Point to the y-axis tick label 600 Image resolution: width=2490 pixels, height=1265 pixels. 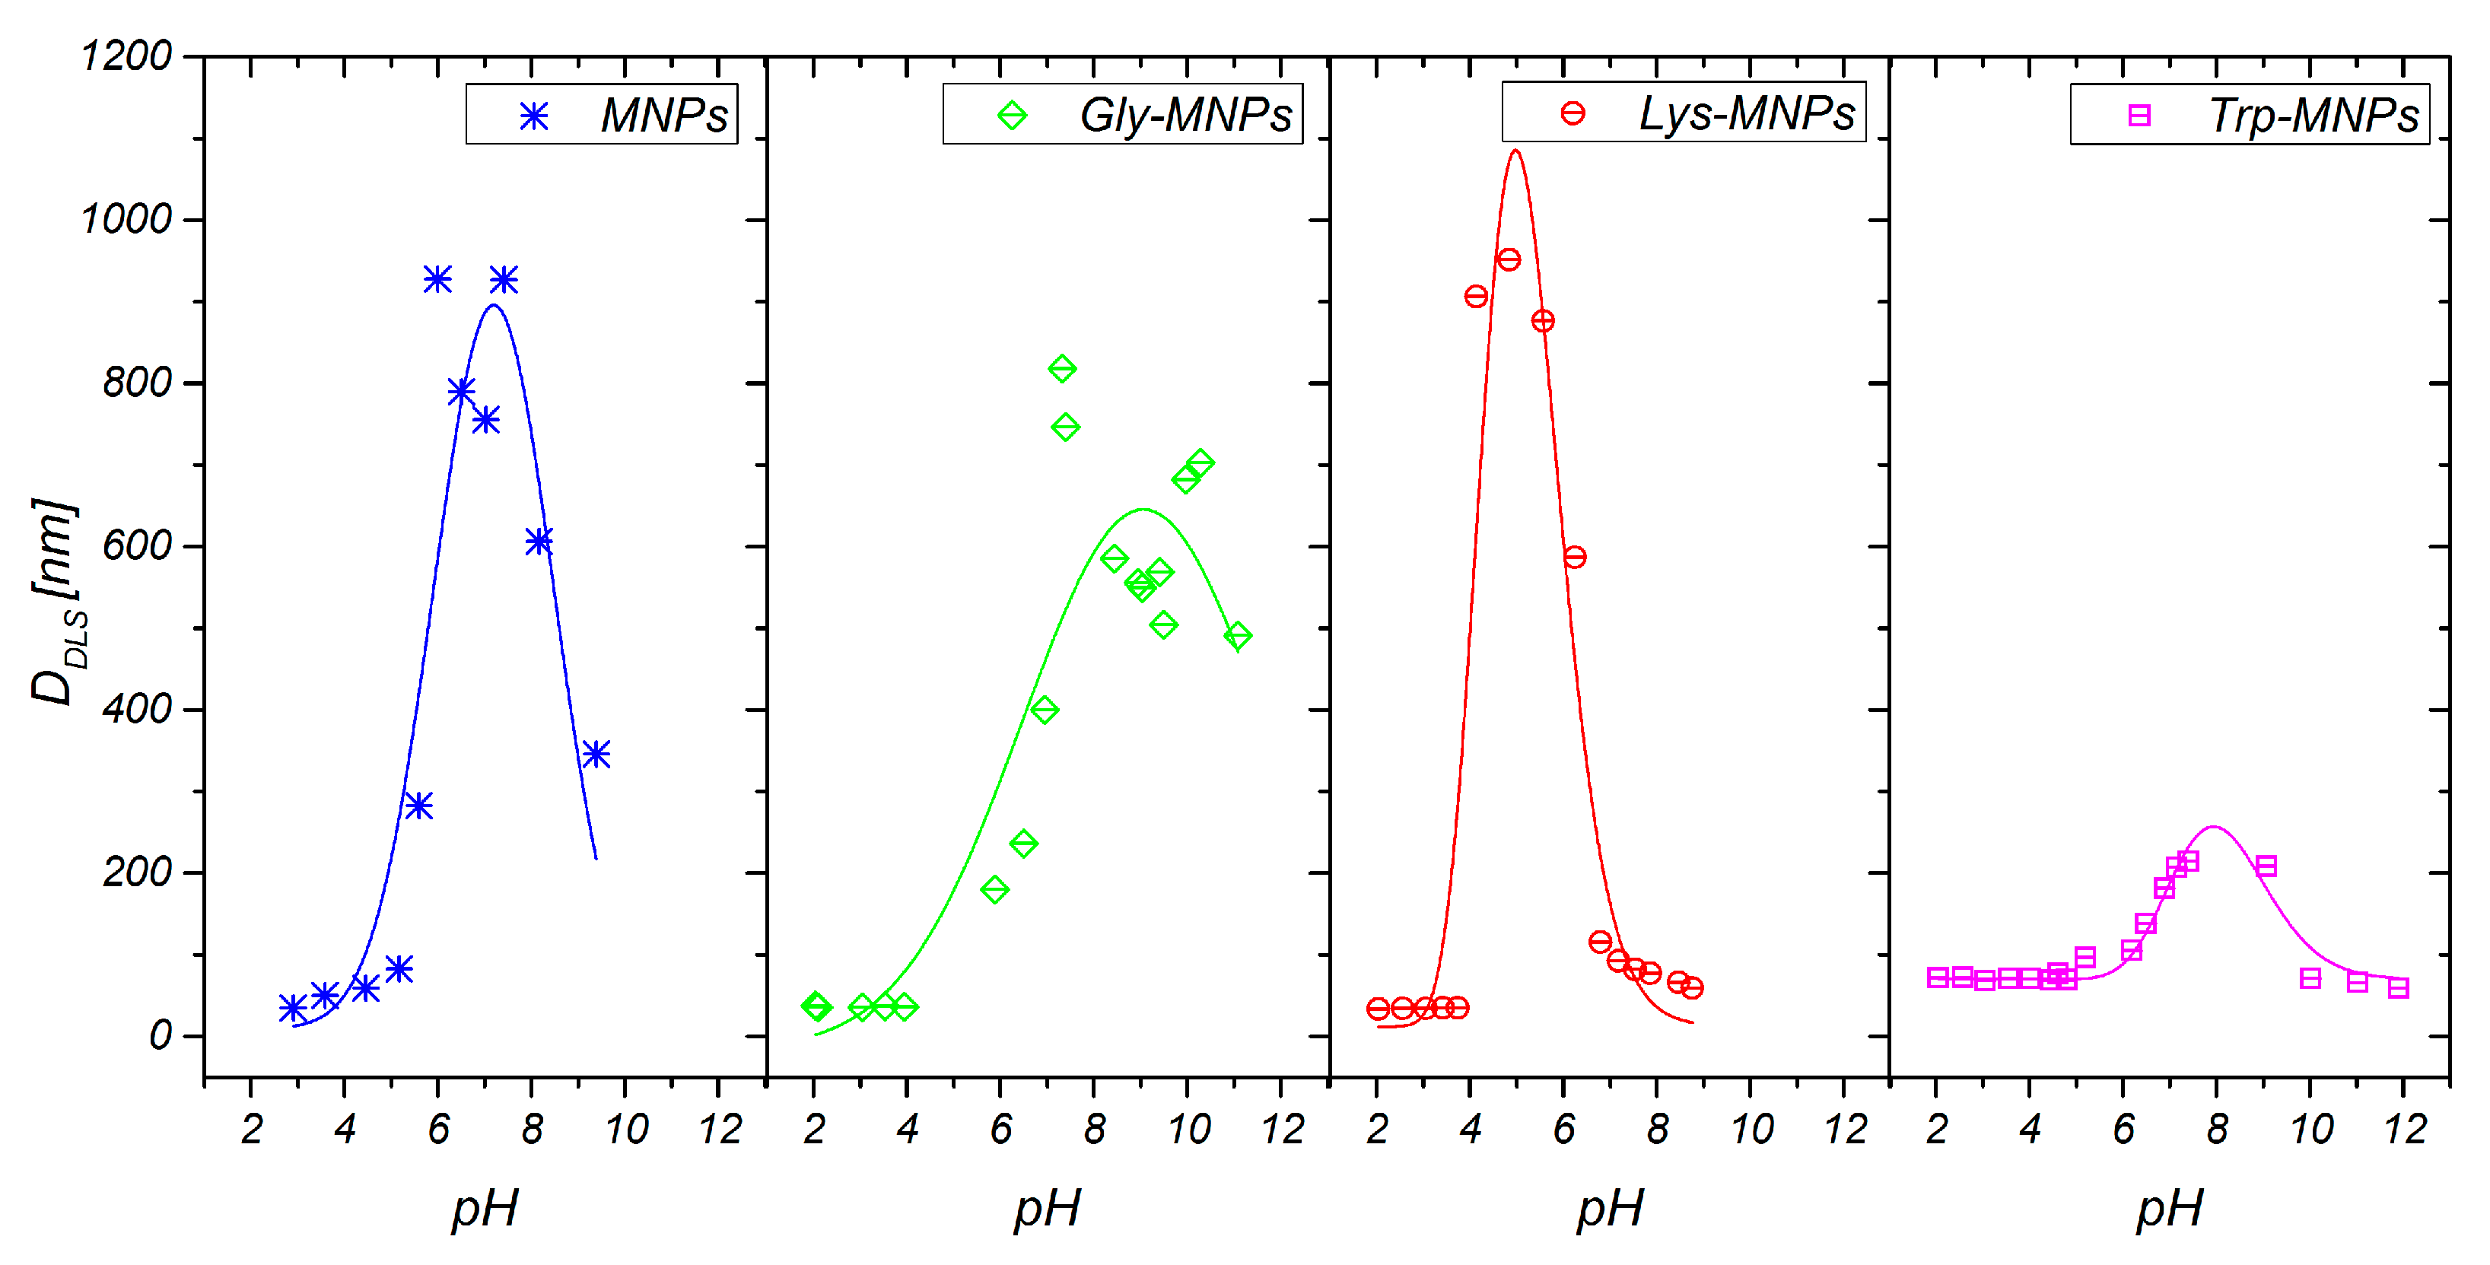[137, 546]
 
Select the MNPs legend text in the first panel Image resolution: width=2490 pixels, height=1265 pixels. [664, 116]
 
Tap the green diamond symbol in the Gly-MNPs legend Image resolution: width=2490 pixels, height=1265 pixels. [1012, 116]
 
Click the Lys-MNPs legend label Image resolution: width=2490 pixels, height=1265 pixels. [1746, 114]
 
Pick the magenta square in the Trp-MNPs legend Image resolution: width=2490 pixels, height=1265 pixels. [2139, 116]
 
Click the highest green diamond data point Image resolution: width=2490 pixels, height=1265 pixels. [1062, 368]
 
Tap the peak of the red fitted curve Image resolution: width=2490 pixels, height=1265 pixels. [1515, 150]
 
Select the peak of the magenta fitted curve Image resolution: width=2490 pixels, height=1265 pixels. [2214, 827]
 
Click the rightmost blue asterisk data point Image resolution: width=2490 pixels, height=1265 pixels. [596, 754]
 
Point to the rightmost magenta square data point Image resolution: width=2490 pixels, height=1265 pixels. [2398, 987]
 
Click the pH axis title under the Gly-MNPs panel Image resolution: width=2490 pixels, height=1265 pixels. [1047, 1208]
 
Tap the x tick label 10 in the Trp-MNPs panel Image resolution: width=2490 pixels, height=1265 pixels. [2311, 1129]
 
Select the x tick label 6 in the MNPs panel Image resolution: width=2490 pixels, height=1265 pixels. [439, 1129]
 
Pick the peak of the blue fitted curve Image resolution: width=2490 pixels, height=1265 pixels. [494, 305]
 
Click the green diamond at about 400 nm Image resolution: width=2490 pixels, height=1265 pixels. [1044, 709]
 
